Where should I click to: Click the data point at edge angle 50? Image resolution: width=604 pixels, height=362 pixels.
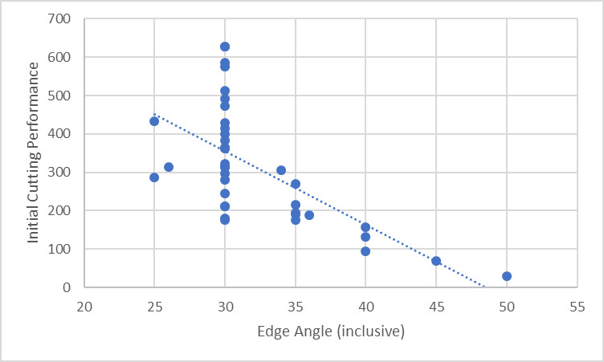(507, 276)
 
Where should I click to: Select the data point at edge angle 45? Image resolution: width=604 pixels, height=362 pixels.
(436, 261)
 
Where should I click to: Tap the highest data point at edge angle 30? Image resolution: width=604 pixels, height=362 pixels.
(225, 47)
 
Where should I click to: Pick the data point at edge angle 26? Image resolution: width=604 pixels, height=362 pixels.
(169, 167)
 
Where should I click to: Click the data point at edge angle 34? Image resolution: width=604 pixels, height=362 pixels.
(281, 170)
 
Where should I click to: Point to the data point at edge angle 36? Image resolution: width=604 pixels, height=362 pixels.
(309, 215)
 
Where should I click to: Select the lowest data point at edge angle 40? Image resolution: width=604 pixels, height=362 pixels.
(365, 251)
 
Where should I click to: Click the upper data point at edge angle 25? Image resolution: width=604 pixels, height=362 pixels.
(154, 121)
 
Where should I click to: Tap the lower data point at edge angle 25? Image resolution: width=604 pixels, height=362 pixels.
(154, 177)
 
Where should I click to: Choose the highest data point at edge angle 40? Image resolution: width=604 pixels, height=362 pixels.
(365, 227)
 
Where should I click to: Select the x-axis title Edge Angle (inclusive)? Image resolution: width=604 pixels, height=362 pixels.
(330, 331)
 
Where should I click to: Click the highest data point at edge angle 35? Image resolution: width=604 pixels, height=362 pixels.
(296, 184)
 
